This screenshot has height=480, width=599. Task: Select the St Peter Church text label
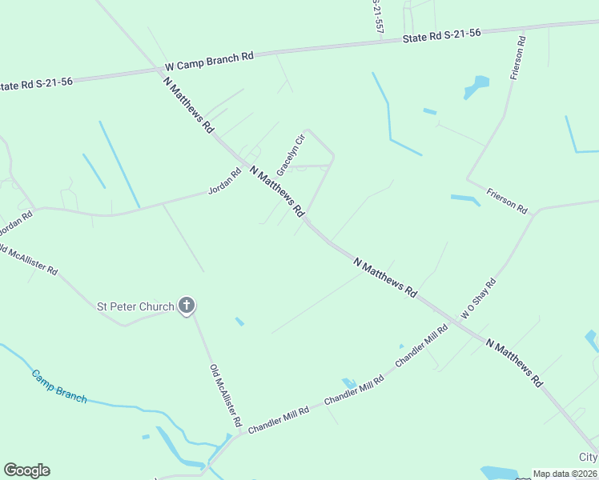click(135, 306)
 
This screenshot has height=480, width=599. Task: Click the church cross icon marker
click(187, 305)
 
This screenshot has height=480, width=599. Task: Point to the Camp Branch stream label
click(59, 386)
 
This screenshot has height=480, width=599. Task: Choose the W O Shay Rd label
click(478, 299)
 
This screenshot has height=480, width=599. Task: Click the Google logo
click(26, 470)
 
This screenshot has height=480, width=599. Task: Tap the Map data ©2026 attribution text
click(565, 474)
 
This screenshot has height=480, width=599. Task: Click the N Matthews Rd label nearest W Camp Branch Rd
click(189, 105)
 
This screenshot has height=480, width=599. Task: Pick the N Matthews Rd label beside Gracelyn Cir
click(278, 191)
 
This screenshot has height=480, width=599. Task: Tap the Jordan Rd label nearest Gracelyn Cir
click(224, 182)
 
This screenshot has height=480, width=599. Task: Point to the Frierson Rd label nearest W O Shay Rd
click(508, 201)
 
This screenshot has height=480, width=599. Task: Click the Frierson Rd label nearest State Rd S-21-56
click(517, 58)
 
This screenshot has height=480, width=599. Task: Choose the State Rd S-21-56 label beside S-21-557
click(442, 35)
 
